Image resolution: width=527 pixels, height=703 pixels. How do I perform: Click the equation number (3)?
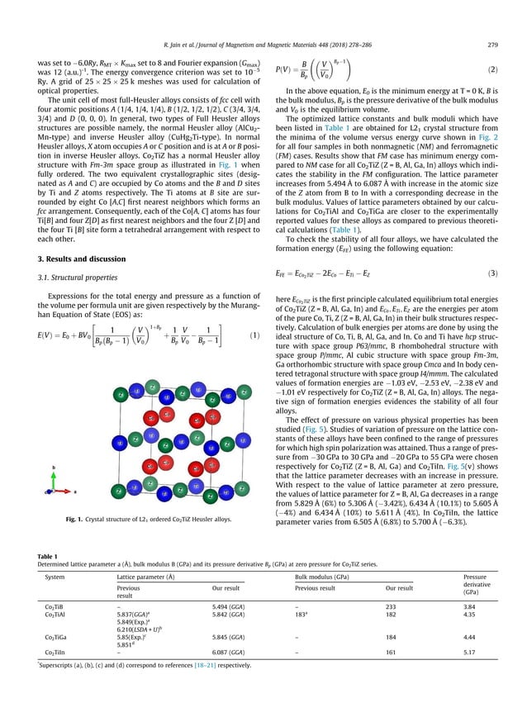(491, 272)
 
